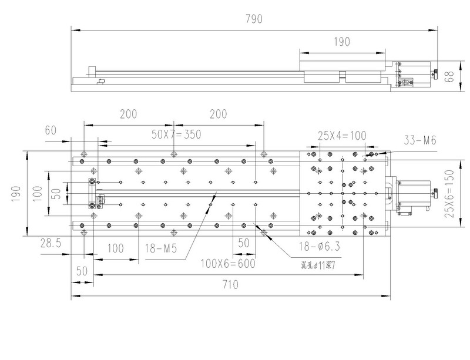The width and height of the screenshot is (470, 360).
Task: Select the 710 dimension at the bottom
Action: (x=230, y=285)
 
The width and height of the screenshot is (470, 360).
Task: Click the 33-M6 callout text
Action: (x=421, y=140)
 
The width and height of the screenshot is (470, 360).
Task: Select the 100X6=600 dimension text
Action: (x=228, y=263)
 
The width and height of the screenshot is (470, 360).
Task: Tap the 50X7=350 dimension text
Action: (x=176, y=134)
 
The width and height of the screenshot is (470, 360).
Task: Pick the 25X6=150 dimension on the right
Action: (x=449, y=194)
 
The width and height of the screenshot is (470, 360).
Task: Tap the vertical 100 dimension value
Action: (x=37, y=193)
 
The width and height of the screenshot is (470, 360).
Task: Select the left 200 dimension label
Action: (x=129, y=114)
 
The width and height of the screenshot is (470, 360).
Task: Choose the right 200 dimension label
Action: (x=219, y=114)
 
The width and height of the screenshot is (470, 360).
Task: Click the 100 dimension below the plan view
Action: (x=115, y=248)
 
